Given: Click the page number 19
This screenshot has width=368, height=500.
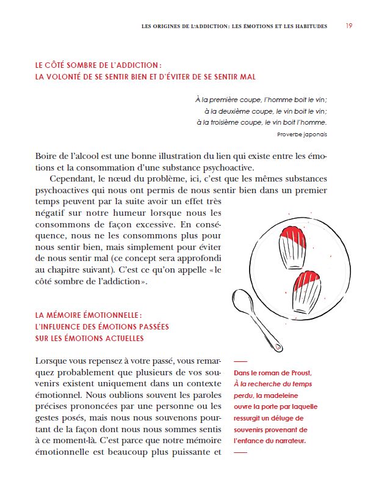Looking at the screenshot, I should [x=348, y=26].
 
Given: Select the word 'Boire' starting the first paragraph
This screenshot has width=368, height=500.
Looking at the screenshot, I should [x=47, y=156].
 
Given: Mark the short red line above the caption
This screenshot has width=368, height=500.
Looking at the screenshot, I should [x=240, y=361].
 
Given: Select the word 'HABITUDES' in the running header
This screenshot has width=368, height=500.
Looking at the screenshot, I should [x=308, y=26].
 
